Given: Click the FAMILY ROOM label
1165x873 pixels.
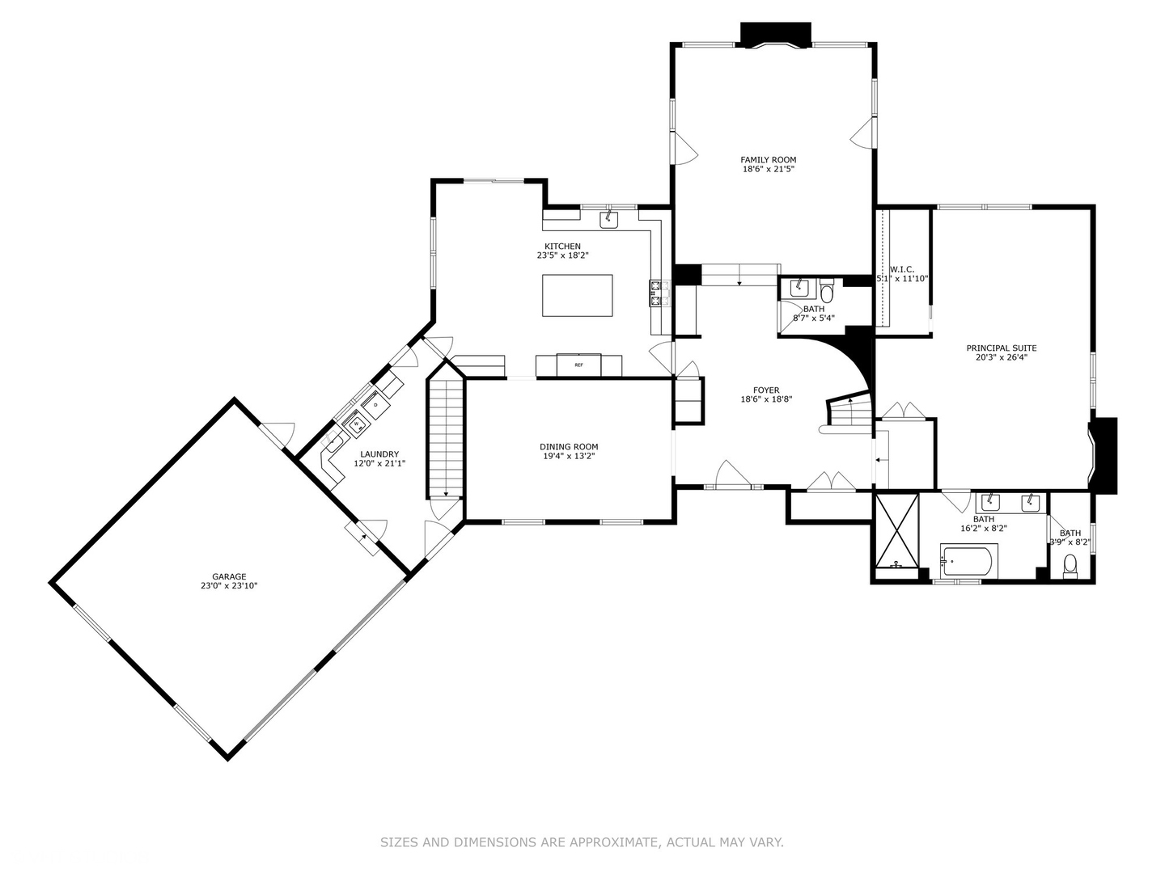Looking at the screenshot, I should coord(768,160).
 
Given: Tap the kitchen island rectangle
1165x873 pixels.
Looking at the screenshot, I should coord(577,296).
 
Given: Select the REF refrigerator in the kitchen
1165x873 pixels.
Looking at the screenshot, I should coord(578,365).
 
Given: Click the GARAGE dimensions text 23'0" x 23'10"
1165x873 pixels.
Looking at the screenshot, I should coord(229,586).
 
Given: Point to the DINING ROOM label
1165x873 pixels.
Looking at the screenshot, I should coord(569,447).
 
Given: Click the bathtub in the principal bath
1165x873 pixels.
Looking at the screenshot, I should coord(968,561).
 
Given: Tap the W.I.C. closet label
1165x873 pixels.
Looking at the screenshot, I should coord(901,269).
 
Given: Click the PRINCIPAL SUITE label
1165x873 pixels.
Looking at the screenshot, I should coord(1001,348).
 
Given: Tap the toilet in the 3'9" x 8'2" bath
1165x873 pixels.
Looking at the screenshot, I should coord(1070,565).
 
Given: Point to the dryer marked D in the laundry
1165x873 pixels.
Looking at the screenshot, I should coord(376,403).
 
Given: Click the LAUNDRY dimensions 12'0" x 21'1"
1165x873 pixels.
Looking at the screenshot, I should coord(379,464).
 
